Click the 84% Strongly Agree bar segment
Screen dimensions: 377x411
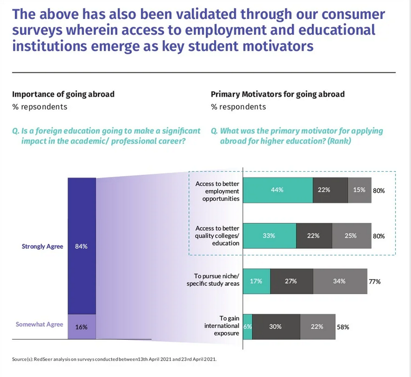(82, 246)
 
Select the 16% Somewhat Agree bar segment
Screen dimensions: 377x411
(82, 326)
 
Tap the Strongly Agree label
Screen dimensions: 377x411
(42, 247)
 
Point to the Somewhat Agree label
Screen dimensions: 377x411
(39, 324)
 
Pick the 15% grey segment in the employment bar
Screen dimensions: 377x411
(359, 190)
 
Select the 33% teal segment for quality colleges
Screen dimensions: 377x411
(269, 235)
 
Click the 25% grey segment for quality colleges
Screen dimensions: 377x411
(351, 235)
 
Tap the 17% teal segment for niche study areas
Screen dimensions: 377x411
(256, 281)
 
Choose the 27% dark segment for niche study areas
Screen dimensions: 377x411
(291, 281)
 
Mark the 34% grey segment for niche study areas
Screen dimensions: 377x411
(339, 281)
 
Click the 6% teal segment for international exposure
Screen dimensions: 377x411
(247, 326)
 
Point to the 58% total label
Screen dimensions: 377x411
(343, 327)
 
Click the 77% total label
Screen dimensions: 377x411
(375, 281)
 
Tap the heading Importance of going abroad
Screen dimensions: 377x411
(63, 95)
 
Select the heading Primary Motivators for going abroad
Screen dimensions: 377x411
(278, 95)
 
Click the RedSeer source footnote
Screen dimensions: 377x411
(114, 360)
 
